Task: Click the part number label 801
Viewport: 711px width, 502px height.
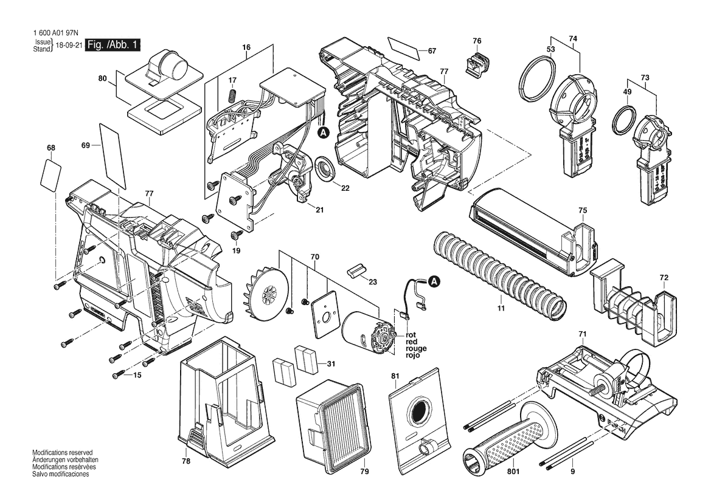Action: (514, 472)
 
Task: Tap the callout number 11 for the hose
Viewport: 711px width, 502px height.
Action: (501, 309)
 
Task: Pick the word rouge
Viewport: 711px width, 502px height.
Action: (416, 348)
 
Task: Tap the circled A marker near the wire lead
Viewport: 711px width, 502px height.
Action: (434, 281)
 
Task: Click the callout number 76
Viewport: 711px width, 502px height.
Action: (477, 41)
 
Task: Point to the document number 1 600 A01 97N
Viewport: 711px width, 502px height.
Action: (55, 33)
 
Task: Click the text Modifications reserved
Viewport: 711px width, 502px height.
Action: (62, 453)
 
